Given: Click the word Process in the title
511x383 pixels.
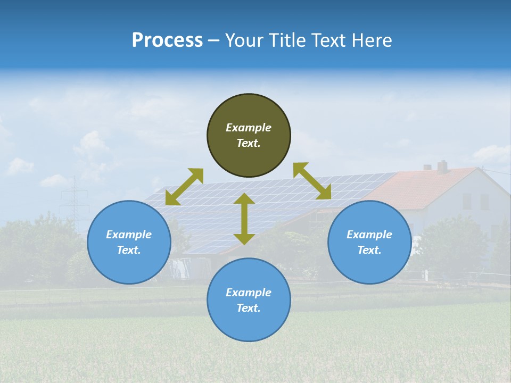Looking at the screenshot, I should point(167,40).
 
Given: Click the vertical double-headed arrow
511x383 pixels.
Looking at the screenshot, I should point(244,219).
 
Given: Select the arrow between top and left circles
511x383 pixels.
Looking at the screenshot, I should point(184,187).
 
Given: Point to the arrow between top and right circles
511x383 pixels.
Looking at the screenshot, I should point(312,181).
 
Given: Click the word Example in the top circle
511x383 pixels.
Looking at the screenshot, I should point(249,128).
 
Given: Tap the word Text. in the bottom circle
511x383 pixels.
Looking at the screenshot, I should point(249,308).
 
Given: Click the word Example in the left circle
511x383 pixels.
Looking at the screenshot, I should point(129,235).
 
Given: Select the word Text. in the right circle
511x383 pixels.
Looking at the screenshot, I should point(369,250).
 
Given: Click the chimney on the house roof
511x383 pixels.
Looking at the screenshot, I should point(442,166).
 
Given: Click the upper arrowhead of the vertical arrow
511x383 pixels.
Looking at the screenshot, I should point(244,198).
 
